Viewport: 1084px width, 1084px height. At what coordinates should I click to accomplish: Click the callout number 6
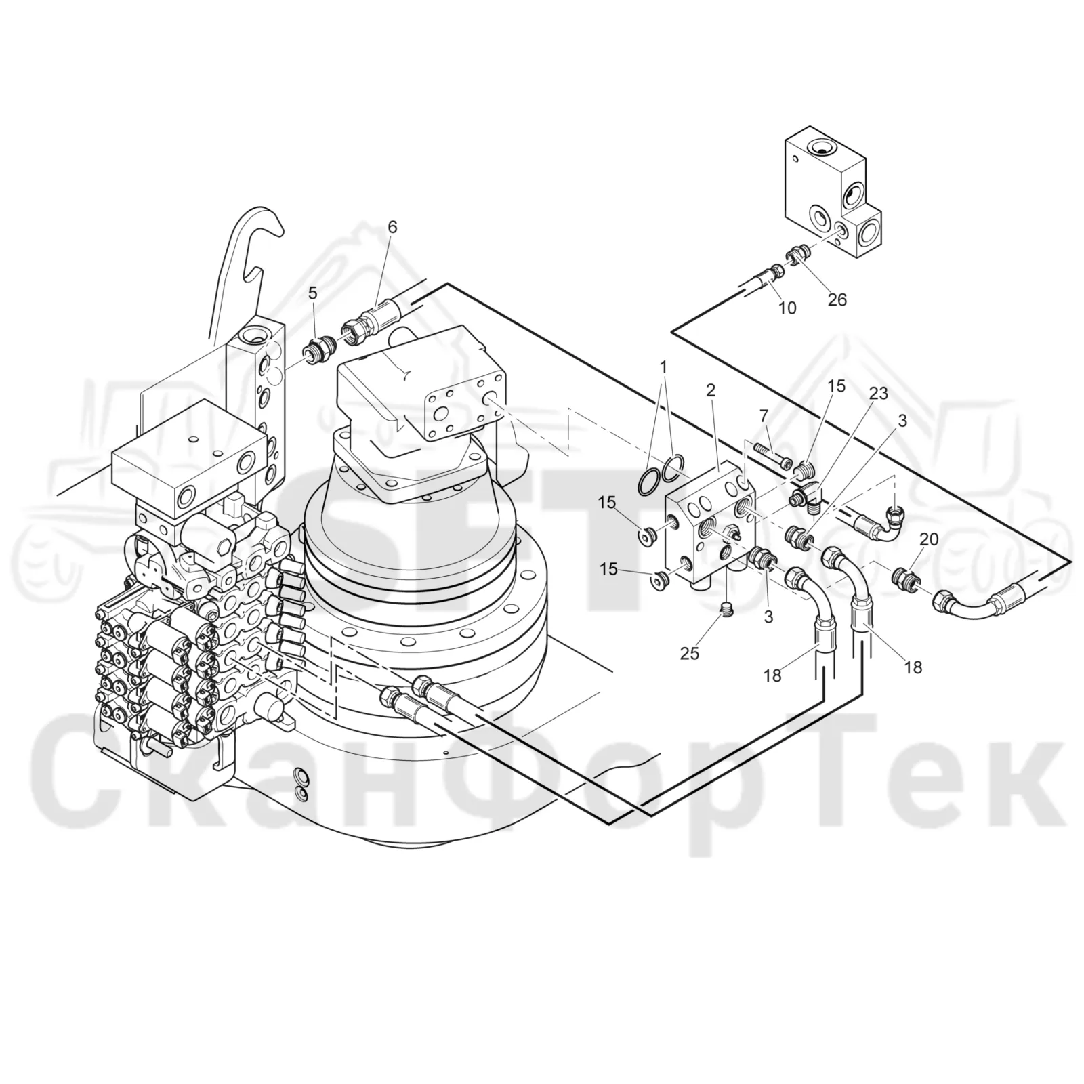pyautogui.click(x=392, y=227)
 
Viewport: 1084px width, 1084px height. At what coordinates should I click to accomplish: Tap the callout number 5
pyautogui.click(x=312, y=293)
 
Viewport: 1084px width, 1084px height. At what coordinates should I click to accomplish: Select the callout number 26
pyautogui.click(x=837, y=299)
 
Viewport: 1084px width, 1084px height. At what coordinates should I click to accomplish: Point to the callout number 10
pyautogui.click(x=787, y=308)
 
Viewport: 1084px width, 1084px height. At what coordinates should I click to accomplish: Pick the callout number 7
pyautogui.click(x=764, y=414)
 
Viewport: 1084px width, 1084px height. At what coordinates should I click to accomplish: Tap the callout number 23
pyautogui.click(x=879, y=394)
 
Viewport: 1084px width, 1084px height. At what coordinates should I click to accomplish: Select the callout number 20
pyautogui.click(x=929, y=539)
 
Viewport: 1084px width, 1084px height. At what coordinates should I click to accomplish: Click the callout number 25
pyautogui.click(x=690, y=653)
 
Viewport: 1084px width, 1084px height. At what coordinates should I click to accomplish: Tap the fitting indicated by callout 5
pyautogui.click(x=317, y=348)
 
